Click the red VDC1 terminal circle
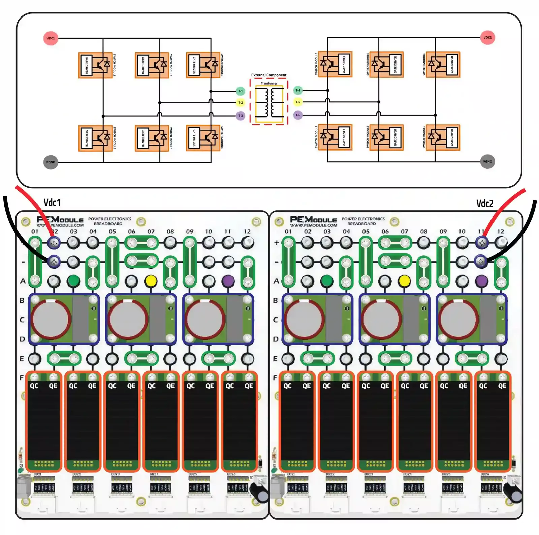pos(51,38)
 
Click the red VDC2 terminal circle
pos(487,38)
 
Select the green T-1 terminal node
pos(240,91)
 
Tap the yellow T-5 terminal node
pos(298,102)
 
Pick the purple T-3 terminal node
pos(240,116)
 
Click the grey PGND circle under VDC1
pos(51,162)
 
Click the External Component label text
pos(268,75)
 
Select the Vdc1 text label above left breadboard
pos(52,203)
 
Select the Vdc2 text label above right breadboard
pos(484,203)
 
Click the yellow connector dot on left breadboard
pos(151,280)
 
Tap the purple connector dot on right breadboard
pos(481,280)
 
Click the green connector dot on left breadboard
pos(73,280)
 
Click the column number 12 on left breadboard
pos(247,231)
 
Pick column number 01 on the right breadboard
pos(288,231)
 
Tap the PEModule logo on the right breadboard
pos(313,220)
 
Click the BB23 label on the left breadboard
pos(115,474)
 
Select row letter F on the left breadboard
pos(22,378)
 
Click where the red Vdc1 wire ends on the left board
pos(54,242)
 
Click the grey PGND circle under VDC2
pos(487,161)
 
